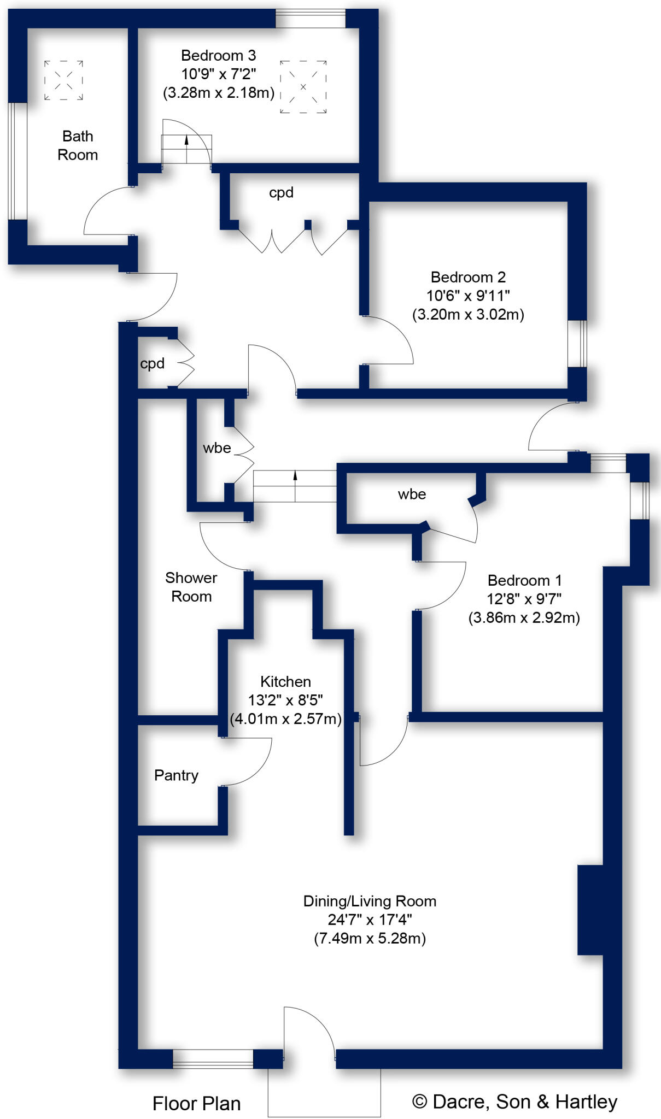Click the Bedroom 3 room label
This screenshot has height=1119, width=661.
pyautogui.click(x=218, y=55)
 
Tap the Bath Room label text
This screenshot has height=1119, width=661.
pyautogui.click(x=78, y=145)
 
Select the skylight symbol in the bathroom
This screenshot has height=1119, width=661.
pyautogui.click(x=63, y=80)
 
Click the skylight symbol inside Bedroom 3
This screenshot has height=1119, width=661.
pyautogui.click(x=303, y=87)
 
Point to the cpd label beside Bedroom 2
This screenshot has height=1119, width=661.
pyautogui.click(x=281, y=192)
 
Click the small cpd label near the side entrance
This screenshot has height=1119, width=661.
pyautogui.click(x=152, y=363)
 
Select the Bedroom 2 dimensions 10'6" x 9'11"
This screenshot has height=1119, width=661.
pyautogui.click(x=468, y=296)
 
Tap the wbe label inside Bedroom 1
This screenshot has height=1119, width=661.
pyautogui.click(x=412, y=494)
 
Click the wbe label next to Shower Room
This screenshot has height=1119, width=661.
pyautogui.click(x=217, y=447)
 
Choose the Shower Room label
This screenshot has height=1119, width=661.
pyautogui.click(x=191, y=587)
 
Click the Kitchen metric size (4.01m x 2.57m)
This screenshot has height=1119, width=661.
pyautogui.click(x=285, y=718)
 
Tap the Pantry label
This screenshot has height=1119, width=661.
pyautogui.click(x=176, y=775)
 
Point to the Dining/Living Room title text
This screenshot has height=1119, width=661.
pyautogui.click(x=370, y=901)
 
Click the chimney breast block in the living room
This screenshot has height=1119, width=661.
pyautogui.click(x=590, y=910)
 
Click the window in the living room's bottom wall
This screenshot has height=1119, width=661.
pyautogui.click(x=213, y=1058)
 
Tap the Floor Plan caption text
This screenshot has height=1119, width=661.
pyautogui.click(x=196, y=1103)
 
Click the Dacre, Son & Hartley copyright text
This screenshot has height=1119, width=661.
pyautogui.click(x=514, y=1102)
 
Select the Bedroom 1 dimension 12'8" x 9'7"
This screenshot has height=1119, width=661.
pyautogui.click(x=524, y=599)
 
